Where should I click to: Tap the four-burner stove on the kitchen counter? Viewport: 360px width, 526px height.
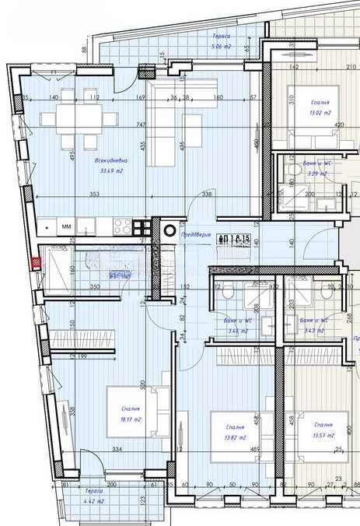[122, 226]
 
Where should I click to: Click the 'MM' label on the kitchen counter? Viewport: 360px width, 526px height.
[66, 227]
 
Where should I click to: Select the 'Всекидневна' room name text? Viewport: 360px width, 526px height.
[110, 161]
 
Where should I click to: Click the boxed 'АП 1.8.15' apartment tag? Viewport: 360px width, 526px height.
[233, 238]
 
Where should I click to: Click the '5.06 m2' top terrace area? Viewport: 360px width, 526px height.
[222, 47]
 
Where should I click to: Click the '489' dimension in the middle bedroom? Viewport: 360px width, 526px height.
[232, 449]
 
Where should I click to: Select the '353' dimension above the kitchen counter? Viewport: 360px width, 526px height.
[95, 195]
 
